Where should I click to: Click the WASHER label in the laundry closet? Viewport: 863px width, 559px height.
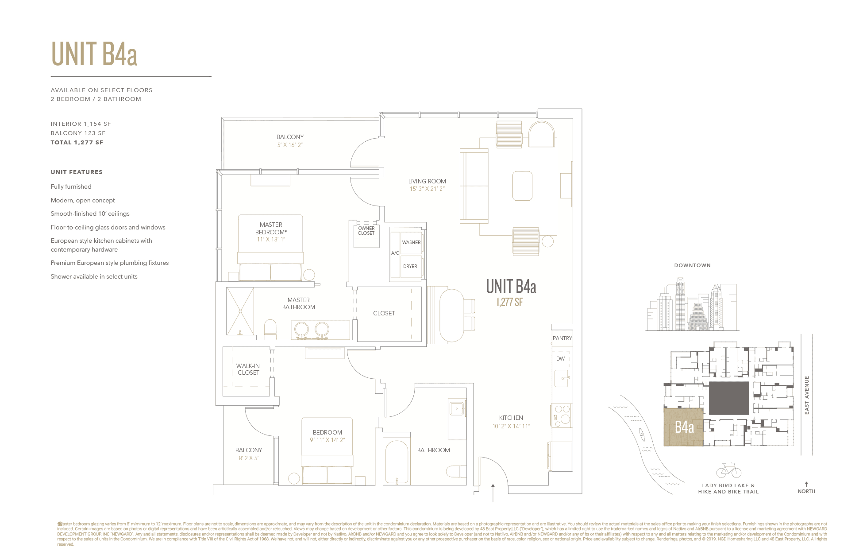click(411, 242)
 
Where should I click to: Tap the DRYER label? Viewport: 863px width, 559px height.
click(410, 266)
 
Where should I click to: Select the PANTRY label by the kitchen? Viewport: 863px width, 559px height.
click(562, 338)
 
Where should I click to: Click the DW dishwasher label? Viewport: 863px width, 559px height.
click(560, 358)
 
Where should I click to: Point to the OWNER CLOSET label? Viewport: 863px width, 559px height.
click(366, 231)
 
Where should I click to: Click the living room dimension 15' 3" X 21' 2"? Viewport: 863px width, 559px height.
click(427, 189)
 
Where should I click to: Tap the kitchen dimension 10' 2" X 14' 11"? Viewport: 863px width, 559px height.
click(511, 426)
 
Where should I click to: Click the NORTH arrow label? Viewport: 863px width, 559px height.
click(806, 491)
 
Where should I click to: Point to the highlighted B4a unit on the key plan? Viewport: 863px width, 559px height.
click(684, 427)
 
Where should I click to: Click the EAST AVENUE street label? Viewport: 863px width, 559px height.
click(807, 395)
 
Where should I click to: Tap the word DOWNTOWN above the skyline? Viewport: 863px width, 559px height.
click(692, 265)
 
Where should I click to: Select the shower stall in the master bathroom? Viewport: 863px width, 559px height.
click(240, 311)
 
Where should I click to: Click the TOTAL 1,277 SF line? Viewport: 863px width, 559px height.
click(77, 142)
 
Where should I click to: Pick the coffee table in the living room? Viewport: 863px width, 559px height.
click(522, 186)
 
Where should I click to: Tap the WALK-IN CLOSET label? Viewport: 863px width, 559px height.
click(248, 369)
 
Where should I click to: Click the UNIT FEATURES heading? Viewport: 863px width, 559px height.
click(77, 172)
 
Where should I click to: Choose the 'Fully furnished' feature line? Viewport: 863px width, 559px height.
click(71, 186)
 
